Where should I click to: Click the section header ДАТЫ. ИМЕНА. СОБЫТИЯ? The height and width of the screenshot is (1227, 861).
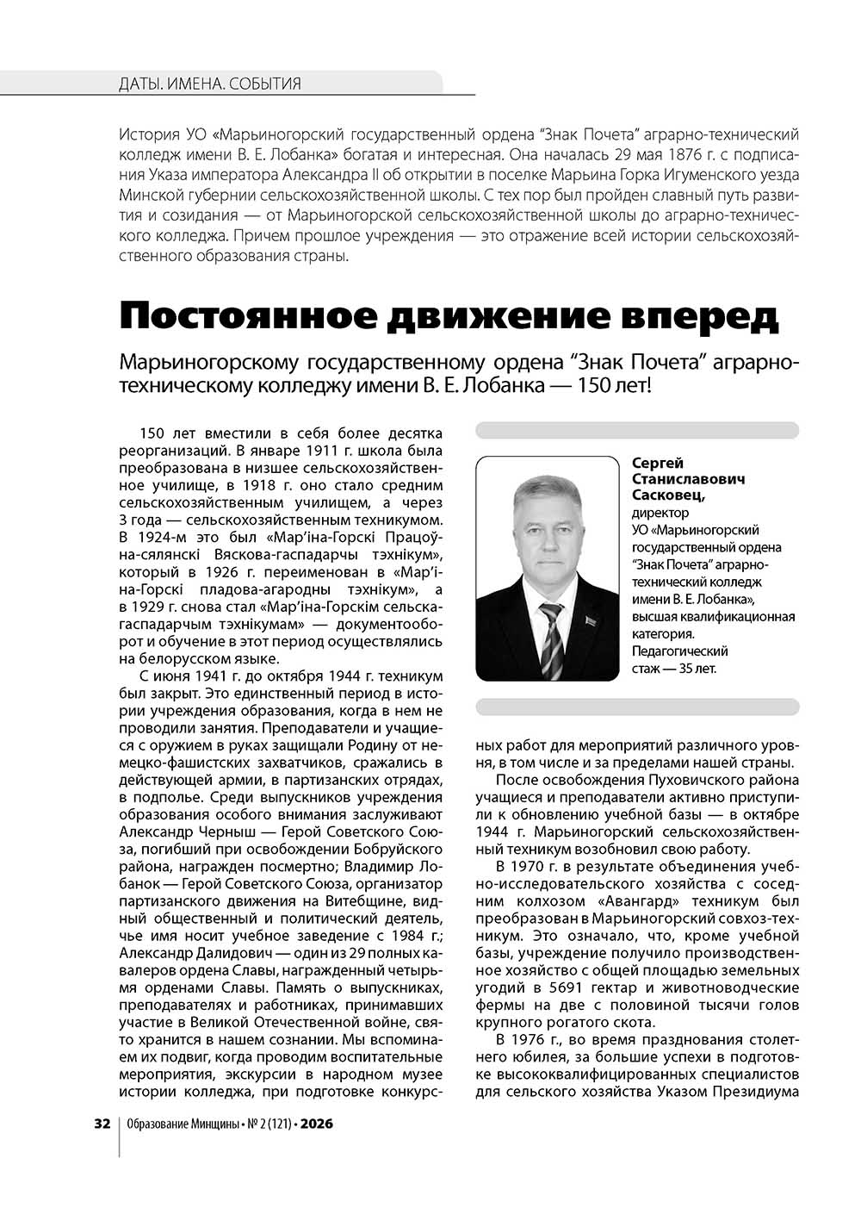point(210,84)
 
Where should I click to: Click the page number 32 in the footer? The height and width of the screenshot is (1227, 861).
point(102,1124)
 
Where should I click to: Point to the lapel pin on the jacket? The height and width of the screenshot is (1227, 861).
point(590,621)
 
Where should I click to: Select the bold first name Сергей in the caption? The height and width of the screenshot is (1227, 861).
point(658,464)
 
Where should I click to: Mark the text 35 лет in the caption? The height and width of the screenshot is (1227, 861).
point(692,668)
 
